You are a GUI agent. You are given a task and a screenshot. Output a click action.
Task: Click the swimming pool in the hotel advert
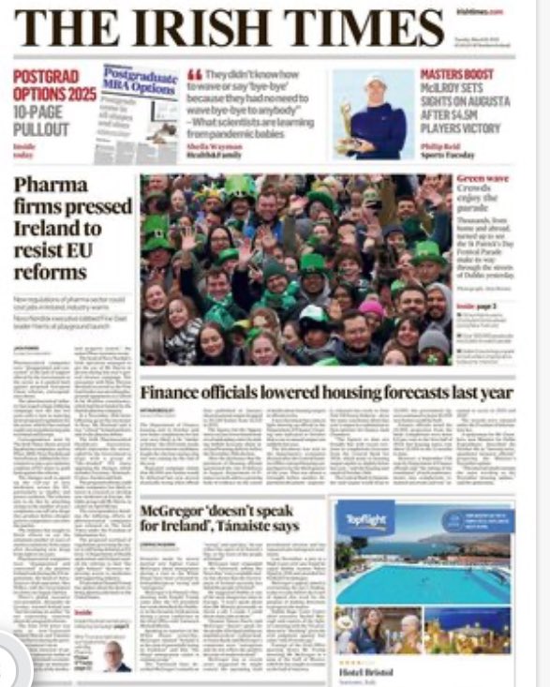click(422, 583)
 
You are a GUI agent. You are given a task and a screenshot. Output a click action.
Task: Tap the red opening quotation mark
click(196, 75)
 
